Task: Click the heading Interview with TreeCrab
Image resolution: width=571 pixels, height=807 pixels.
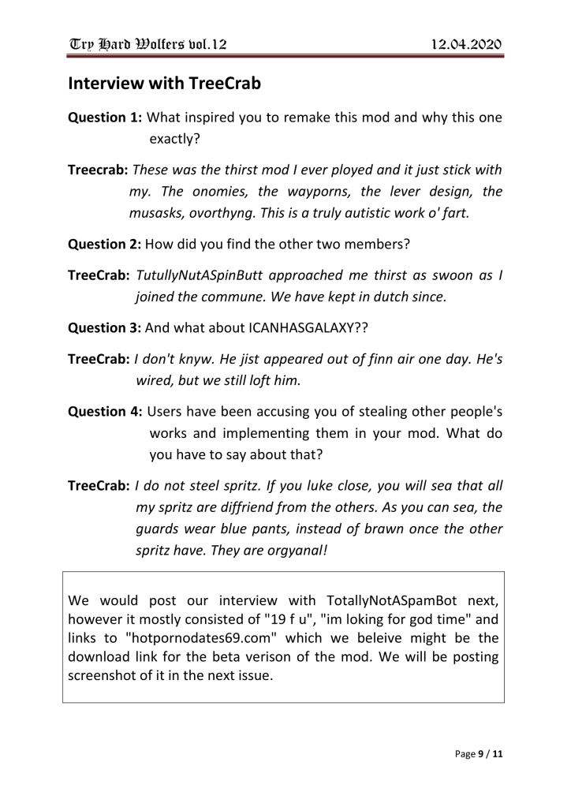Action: tap(164, 82)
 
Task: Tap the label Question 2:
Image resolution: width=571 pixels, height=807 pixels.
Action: tap(105, 244)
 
